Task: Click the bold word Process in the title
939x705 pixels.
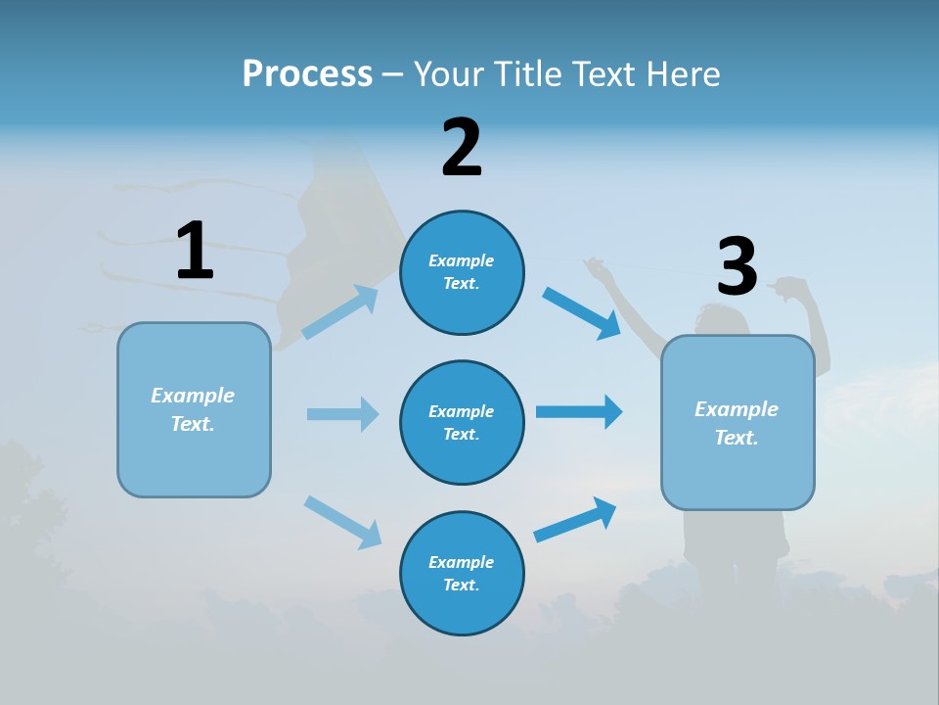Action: tap(307, 73)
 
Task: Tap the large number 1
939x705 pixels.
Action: tap(195, 251)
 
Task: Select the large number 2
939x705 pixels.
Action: tap(462, 148)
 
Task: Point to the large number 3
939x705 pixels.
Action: tap(738, 267)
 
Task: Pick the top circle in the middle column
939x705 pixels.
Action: tap(462, 272)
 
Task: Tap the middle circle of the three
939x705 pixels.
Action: tap(462, 423)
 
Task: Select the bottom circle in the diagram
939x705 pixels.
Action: tap(462, 574)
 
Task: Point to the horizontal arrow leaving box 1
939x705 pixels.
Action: tap(342, 414)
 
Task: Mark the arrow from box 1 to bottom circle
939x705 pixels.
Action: tap(342, 522)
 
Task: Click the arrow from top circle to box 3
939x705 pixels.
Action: tap(582, 312)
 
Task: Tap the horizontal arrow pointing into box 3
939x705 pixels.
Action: tap(579, 411)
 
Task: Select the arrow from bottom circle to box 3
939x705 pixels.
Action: tap(575, 519)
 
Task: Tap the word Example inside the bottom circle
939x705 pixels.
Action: tap(462, 562)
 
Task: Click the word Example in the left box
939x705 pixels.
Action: tap(193, 396)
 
